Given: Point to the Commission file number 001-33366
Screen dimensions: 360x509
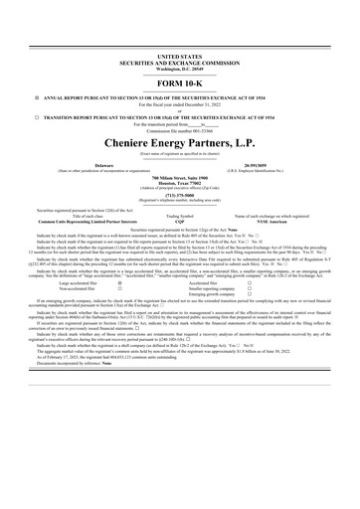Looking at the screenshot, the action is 179,146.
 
